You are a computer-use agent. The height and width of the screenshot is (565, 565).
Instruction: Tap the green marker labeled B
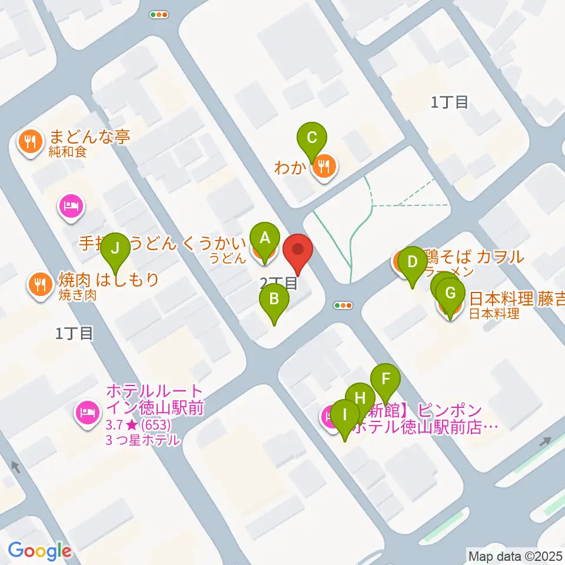click(274, 300)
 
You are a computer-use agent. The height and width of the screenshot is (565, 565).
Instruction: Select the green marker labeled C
click(312, 139)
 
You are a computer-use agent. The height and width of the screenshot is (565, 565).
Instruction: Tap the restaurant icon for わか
click(324, 167)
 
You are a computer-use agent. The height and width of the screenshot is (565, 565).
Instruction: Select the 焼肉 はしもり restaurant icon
click(40, 285)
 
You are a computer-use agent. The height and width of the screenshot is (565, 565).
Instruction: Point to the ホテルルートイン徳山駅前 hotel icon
click(87, 411)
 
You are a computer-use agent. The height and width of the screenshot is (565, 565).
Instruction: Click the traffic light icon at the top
click(159, 15)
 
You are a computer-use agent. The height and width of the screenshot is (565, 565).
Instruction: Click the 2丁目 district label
click(279, 284)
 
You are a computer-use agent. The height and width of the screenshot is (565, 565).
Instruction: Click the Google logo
click(39, 551)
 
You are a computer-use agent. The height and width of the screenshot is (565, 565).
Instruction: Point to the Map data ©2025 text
click(516, 555)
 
